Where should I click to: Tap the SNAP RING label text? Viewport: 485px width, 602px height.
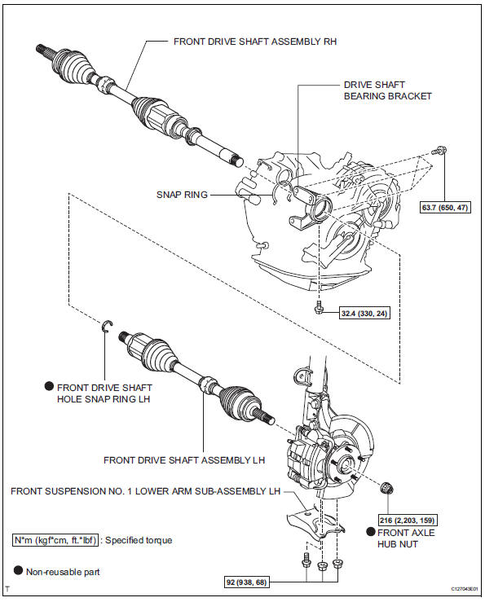[183, 195]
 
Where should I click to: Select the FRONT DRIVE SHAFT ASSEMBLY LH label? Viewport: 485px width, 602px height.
[184, 460]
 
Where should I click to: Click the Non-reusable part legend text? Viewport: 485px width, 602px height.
[63, 572]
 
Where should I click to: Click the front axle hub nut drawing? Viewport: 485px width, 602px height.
[387, 489]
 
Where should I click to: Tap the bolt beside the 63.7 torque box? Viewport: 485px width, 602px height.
[441, 151]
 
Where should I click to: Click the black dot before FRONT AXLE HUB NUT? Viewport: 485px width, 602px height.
[370, 531]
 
